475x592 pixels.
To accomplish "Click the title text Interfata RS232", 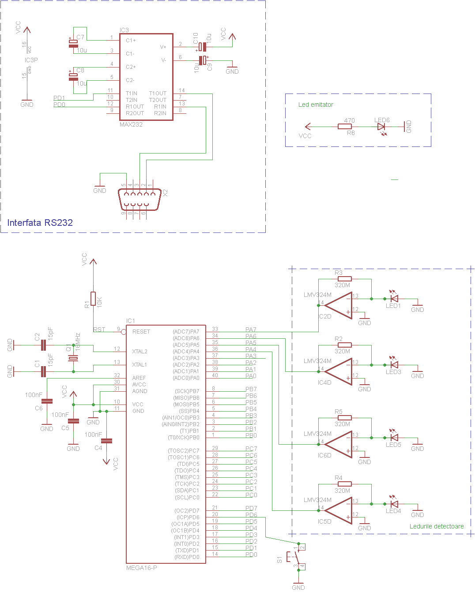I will click(40, 223).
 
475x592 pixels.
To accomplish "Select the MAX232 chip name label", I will click(131, 125).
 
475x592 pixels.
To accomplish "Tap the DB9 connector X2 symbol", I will click(139, 199).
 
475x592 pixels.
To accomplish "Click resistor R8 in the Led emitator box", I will click(345, 127).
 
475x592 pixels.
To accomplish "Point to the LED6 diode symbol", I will click(381, 127).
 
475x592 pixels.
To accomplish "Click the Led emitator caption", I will click(316, 105).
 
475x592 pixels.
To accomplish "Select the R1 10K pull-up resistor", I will click(93, 299).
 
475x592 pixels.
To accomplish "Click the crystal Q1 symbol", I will click(73, 358).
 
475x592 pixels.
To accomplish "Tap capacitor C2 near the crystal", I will click(43, 345).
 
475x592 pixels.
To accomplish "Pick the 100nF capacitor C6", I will click(47, 401).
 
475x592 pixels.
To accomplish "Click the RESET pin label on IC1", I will click(141, 332).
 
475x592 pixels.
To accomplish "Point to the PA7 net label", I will click(251, 330).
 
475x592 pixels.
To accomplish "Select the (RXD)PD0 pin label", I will click(187, 557).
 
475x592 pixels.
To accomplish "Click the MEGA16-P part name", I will click(141, 568).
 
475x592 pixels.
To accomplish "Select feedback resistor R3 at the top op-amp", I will click(345, 279).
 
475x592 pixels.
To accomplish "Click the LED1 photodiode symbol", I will click(394, 299).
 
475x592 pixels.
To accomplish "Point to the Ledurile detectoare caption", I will click(436, 526).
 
